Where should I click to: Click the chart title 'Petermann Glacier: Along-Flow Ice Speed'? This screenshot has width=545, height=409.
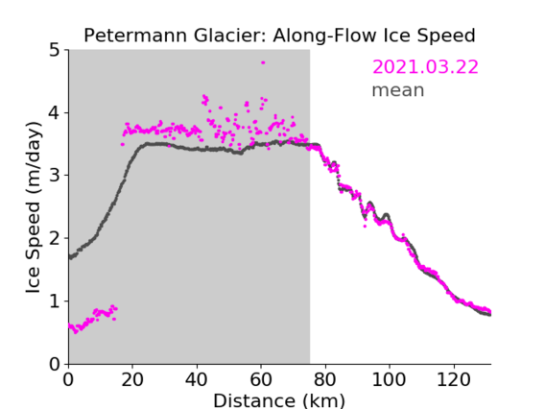point(279,36)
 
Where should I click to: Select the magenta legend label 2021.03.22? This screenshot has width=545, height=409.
point(425,67)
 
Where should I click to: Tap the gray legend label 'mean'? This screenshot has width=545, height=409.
point(398,90)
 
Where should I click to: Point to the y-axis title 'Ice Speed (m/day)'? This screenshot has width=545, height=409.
point(34,207)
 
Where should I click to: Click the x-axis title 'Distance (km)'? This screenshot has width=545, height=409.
point(279,401)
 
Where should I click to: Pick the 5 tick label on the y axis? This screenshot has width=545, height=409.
point(55,51)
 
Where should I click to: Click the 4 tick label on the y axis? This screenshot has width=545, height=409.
point(55,113)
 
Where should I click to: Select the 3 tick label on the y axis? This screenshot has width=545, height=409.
point(55,176)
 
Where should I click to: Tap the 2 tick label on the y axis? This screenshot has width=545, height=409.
point(55,238)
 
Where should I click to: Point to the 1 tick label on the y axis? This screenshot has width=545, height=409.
point(55,301)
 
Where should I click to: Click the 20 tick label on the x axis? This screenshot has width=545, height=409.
point(132,379)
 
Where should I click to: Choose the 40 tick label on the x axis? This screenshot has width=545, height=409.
point(197,379)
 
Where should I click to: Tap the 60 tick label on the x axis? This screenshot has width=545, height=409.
point(261,379)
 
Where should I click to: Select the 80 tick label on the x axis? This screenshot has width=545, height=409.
point(325,379)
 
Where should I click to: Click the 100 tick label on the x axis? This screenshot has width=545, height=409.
point(389,379)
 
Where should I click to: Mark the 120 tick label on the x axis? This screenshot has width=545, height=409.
point(454,379)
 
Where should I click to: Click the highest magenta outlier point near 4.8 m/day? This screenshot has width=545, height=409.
point(263,62)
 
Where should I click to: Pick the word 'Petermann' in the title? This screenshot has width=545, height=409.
point(136,36)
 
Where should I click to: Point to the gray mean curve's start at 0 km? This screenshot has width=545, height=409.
point(70,257)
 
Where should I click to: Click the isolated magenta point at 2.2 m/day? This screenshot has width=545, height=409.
point(365,226)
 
